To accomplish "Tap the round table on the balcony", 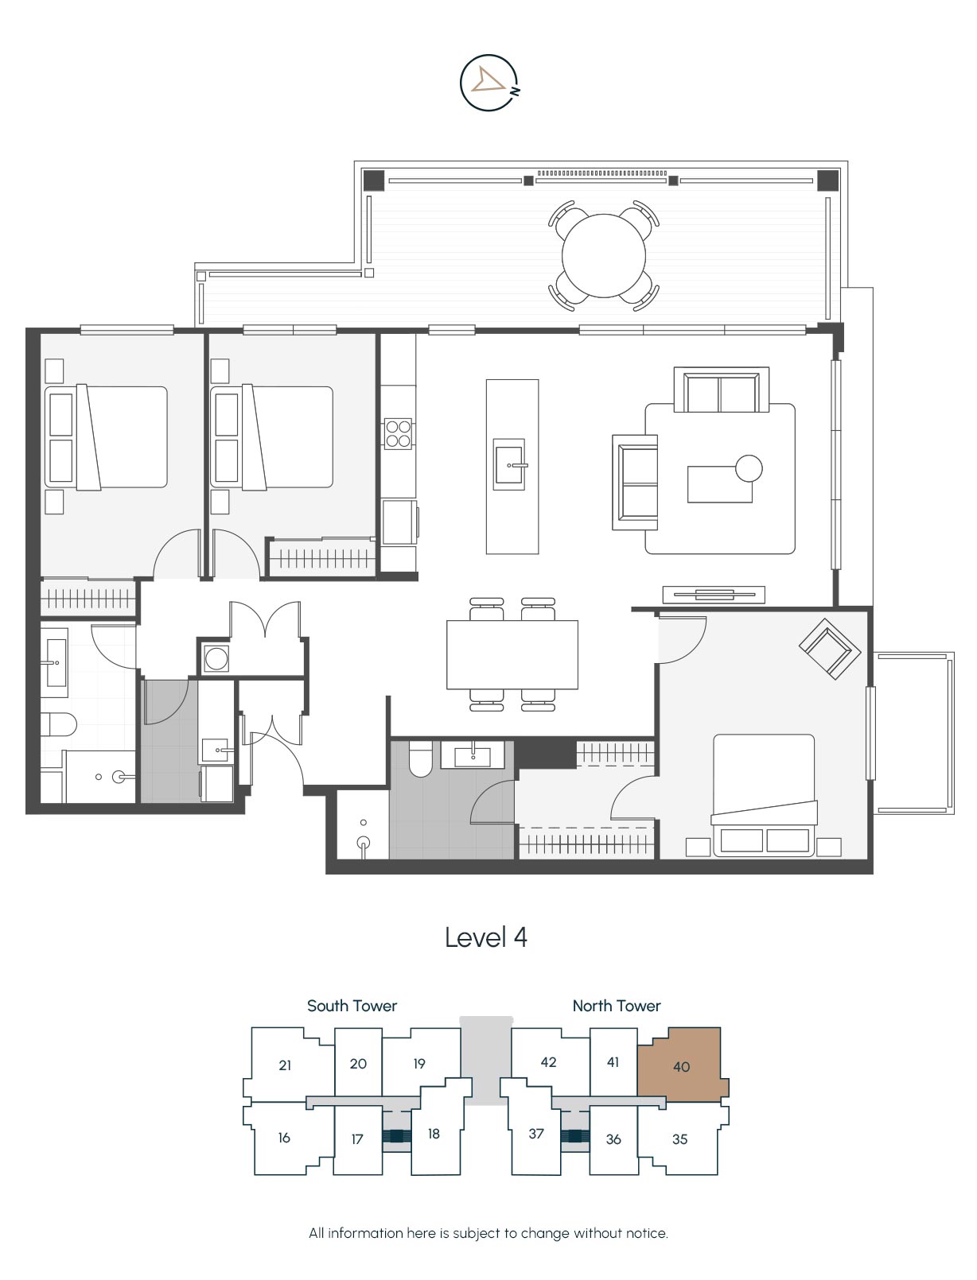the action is tap(604, 255).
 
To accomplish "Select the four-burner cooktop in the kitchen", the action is tap(399, 433).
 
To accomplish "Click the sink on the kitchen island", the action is tap(509, 465).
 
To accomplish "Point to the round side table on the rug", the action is tap(749, 468).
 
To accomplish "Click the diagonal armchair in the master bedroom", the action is tap(830, 649).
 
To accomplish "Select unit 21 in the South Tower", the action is tap(286, 1065).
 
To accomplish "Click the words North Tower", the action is tap(617, 1006).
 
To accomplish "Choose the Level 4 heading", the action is tap(486, 937).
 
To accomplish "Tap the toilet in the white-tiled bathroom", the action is tap(58, 724).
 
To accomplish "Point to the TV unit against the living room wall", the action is tap(714, 594).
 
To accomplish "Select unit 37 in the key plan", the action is tap(536, 1135).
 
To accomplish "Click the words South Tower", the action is tap(352, 1006).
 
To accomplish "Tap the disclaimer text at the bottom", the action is tap(488, 1233).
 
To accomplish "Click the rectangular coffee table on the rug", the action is tap(720, 484).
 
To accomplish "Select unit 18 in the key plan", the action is tap(434, 1135).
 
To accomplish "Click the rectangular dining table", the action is tap(512, 655).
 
